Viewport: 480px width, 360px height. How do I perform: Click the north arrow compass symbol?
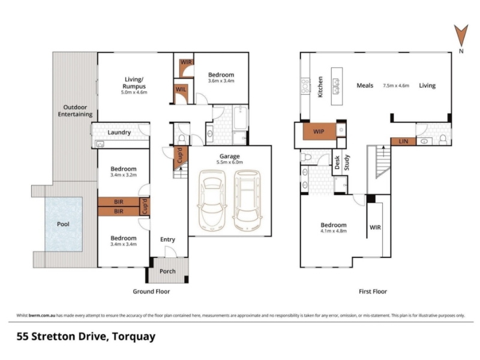[x=461, y=36]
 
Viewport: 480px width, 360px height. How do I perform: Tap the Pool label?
[x=63, y=224]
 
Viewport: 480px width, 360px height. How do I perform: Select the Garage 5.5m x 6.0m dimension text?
[x=229, y=162]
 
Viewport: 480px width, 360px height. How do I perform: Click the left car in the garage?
[x=213, y=200]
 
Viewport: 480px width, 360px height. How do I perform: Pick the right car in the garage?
[x=247, y=200]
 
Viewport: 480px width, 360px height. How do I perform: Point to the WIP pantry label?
[x=319, y=131]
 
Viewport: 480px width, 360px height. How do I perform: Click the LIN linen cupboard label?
[x=403, y=142]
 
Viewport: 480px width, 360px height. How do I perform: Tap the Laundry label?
[x=119, y=133]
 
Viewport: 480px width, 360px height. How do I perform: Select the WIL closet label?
[x=181, y=89]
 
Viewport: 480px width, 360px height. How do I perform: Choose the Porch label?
[x=167, y=271]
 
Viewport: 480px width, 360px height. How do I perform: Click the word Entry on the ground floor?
[x=167, y=239]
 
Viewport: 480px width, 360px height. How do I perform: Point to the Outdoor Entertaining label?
[x=76, y=111]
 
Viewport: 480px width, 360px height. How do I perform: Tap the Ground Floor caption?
[x=151, y=292]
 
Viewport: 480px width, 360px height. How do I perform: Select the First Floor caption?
[x=373, y=292]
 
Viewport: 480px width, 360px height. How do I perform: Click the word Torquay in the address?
[x=133, y=337]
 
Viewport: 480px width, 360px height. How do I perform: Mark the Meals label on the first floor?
[x=365, y=86]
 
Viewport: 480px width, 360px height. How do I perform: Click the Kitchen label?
[x=320, y=87]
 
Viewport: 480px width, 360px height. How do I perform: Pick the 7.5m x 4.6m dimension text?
[x=396, y=86]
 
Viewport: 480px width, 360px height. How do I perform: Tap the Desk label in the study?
[x=337, y=163]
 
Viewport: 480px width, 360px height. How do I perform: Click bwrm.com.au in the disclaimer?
[x=42, y=316]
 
